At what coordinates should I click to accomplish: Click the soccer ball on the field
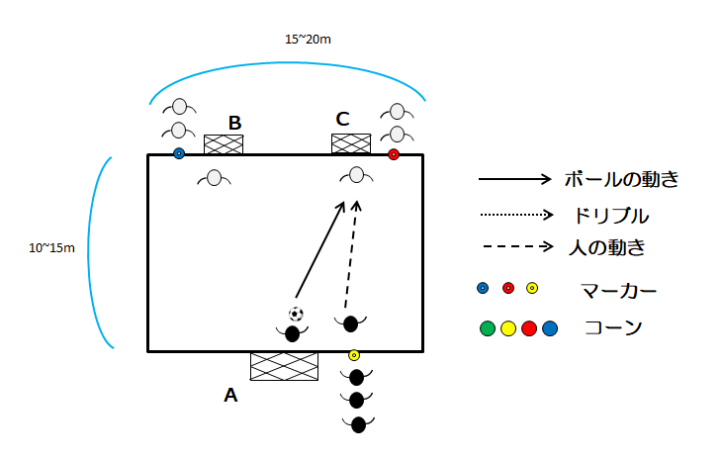296,314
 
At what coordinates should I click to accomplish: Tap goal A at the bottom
284,366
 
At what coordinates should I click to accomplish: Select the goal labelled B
224,144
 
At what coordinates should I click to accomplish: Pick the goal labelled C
351,144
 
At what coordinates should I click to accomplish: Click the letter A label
230,395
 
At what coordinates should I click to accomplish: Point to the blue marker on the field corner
179,153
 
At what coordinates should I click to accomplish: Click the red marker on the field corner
394,154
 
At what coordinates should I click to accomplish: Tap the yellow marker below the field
354,355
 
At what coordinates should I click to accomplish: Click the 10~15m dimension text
51,247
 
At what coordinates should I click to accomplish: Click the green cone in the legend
487,328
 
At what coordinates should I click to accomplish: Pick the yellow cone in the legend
508,328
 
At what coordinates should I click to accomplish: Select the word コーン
613,328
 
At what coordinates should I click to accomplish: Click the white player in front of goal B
214,179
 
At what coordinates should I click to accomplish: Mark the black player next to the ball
293,333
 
